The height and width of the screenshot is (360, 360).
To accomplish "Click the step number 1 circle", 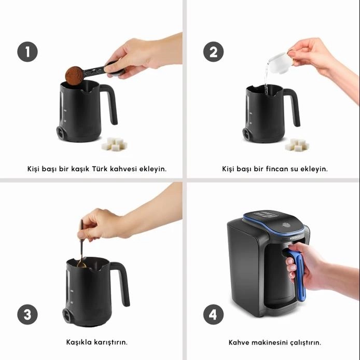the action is click(27, 52).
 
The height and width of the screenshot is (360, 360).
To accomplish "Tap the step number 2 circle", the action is click(213, 52).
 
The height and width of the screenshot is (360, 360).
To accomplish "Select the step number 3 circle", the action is click(27, 314).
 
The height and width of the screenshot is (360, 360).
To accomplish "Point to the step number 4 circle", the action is click(213, 314).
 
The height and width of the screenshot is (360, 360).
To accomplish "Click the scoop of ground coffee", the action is click(74, 76).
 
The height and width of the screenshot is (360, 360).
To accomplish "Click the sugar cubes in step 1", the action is click(114, 144).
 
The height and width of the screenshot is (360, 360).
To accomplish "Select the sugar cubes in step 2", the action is click(297, 145).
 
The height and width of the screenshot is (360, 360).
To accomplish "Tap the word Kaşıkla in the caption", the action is click(77, 342).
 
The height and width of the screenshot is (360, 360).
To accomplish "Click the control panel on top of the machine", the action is click(265, 215).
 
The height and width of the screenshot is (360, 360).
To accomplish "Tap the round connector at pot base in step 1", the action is click(61, 133).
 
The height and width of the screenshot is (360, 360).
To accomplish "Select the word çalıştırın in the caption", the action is click(306, 343).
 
